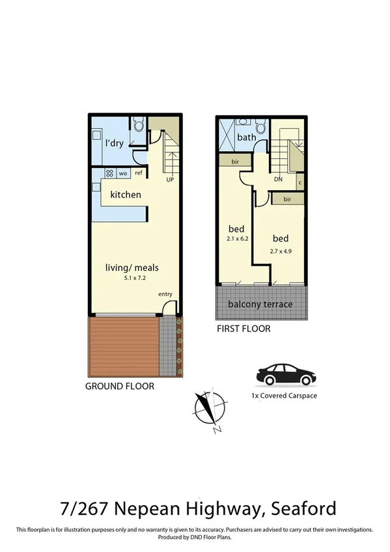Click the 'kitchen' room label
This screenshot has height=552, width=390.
[126, 195]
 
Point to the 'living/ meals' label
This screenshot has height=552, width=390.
[132, 268]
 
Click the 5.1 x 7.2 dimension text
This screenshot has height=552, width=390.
[132, 278]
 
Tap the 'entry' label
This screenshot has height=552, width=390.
[165, 294]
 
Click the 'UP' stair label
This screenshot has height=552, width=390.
[170, 179]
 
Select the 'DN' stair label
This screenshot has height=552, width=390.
[277, 179]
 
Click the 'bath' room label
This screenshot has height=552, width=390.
[246, 137]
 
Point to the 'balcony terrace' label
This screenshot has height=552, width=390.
[260, 304]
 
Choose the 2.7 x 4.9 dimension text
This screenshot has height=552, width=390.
[281, 251]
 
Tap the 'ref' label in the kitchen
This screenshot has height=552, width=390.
[138, 174]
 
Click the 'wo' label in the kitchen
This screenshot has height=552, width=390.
[122, 174]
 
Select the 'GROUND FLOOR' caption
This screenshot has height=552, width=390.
[120, 386]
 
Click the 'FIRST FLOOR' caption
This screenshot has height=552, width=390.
[244, 329]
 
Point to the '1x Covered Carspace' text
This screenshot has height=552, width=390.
[284, 395]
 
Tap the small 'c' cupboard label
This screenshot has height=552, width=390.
[299, 183]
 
